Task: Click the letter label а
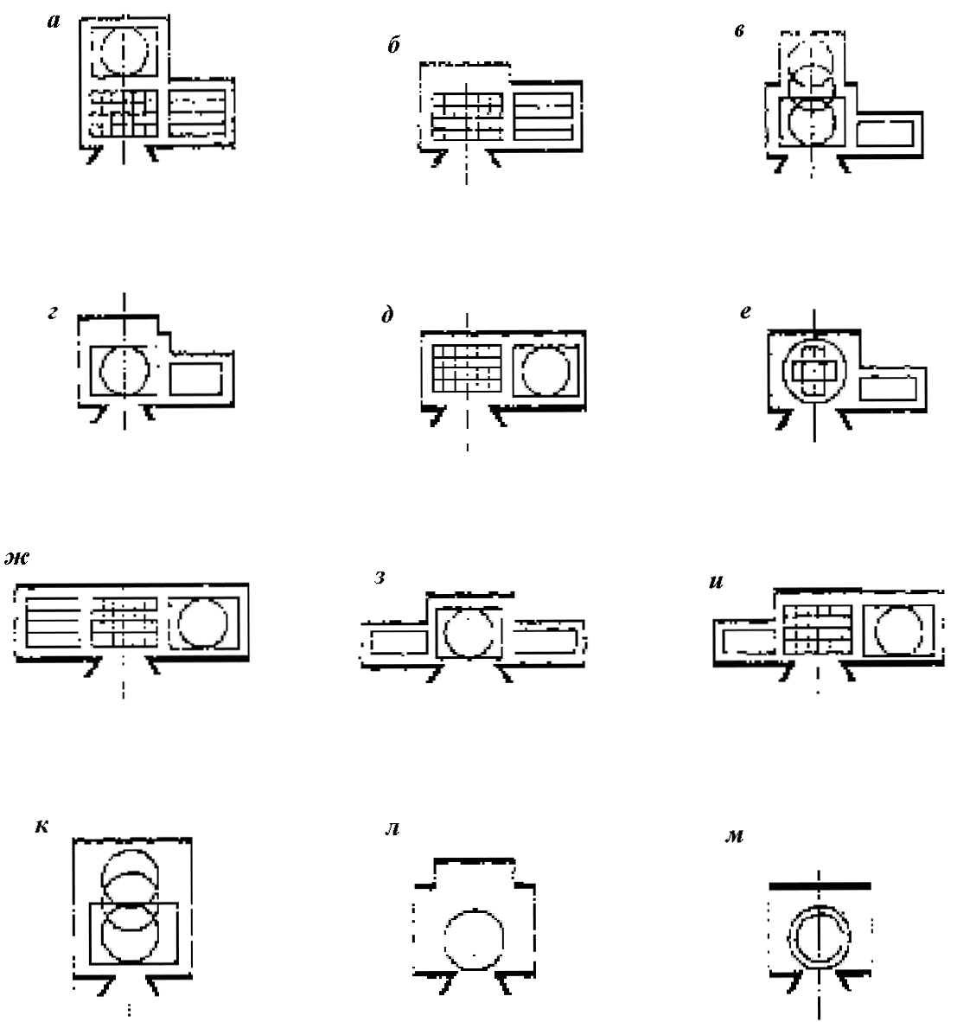[54, 22]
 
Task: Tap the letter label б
[393, 44]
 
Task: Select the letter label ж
[17, 558]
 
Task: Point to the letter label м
[734, 836]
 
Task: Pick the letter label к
[41, 827]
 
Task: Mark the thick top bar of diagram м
[820, 885]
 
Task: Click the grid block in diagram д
[467, 368]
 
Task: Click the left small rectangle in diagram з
[399, 642]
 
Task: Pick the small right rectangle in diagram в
[884, 133]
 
